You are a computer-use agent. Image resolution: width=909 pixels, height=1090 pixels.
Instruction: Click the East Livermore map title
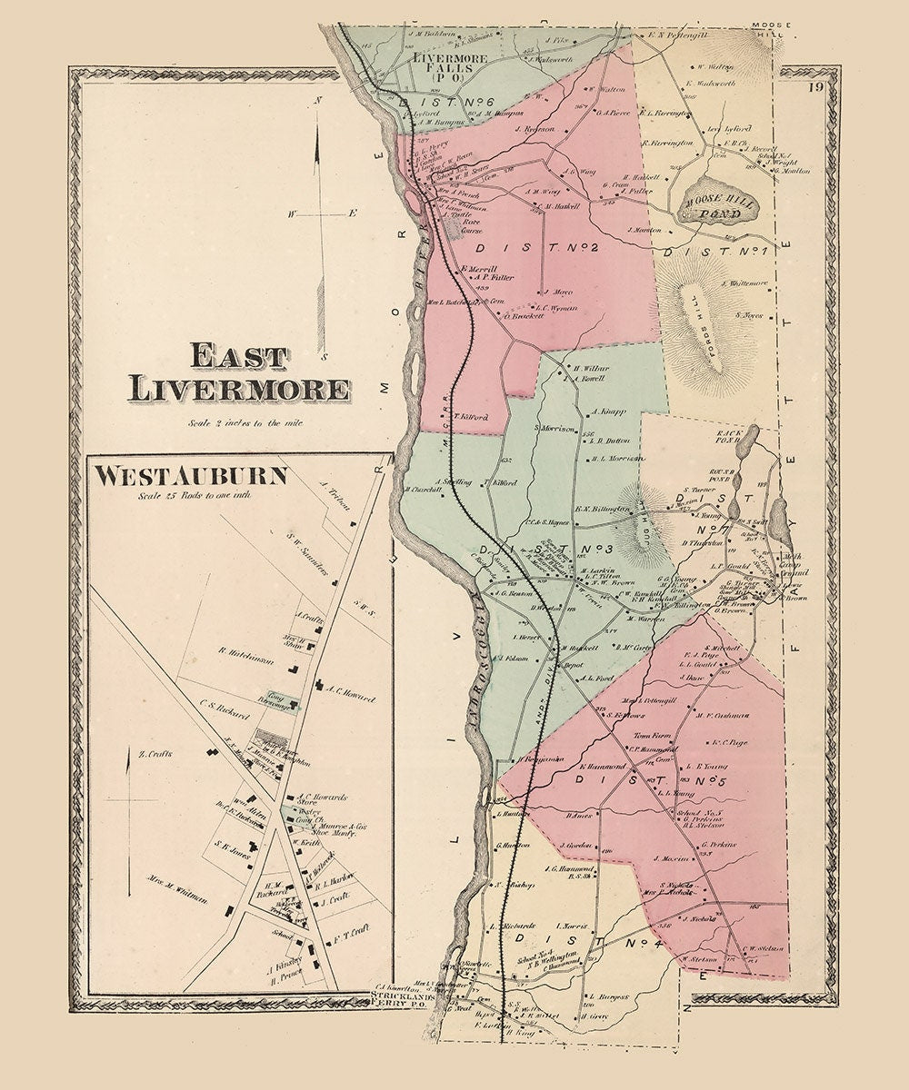pos(239,373)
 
